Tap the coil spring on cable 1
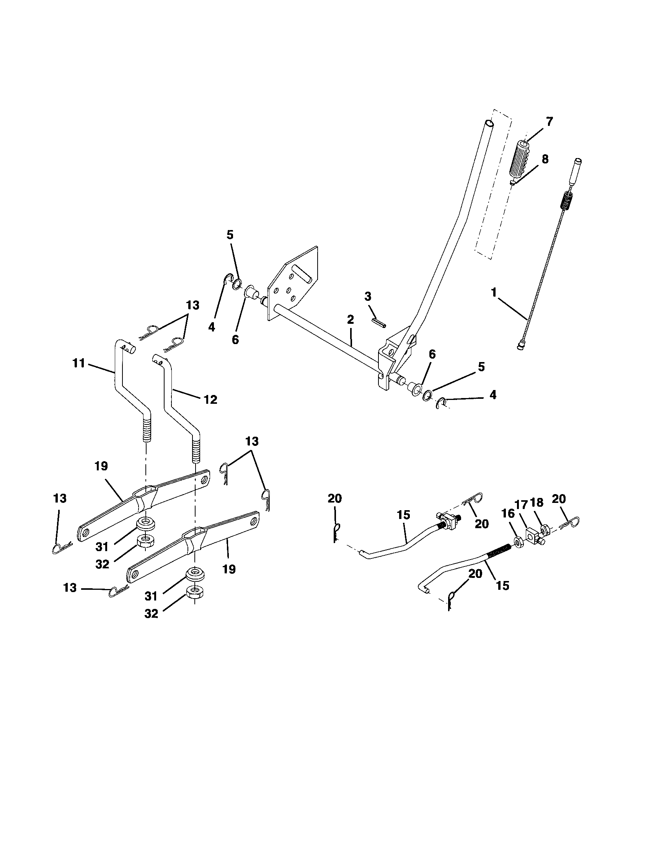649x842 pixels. click(x=565, y=201)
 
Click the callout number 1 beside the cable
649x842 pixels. click(x=494, y=293)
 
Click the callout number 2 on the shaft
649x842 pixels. click(x=350, y=319)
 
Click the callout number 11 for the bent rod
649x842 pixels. click(x=78, y=364)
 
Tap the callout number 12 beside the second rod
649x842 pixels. click(x=210, y=400)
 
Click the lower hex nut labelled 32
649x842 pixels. click(x=195, y=592)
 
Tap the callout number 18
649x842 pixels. click(x=536, y=503)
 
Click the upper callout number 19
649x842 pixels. click(x=102, y=466)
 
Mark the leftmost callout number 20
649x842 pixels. click(x=334, y=498)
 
